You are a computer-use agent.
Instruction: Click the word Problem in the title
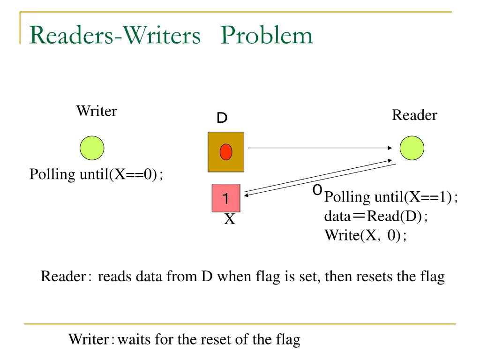click(x=267, y=36)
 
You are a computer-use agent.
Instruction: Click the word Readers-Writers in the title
click(x=115, y=36)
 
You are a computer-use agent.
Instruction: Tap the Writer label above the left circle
click(x=96, y=111)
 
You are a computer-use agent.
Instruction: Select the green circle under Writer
click(x=92, y=148)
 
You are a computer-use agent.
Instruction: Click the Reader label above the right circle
click(x=414, y=115)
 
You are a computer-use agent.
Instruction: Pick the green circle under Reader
click(x=412, y=148)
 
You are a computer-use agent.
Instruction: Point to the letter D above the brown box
click(x=222, y=119)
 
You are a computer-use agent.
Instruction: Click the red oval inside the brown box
click(x=226, y=151)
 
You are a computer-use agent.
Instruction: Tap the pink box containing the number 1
click(x=226, y=198)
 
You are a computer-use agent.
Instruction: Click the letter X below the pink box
click(x=229, y=219)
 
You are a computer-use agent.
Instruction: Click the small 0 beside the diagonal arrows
click(x=317, y=190)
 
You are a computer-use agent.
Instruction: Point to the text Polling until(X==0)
click(x=96, y=174)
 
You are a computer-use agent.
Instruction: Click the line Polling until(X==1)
click(x=391, y=197)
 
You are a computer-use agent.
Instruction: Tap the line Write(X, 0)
click(x=366, y=235)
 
